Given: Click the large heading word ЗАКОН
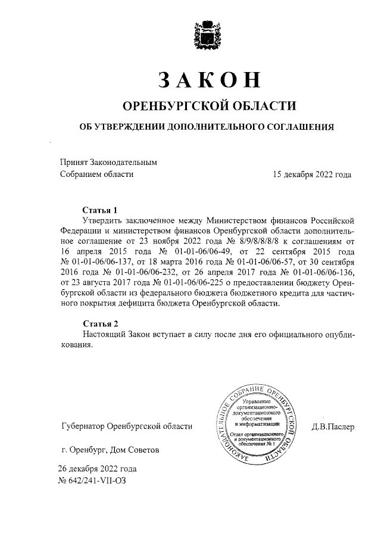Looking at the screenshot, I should point(210,79).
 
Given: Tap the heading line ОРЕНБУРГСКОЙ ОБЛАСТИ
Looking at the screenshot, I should point(209,106).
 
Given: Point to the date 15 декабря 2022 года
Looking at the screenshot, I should point(311,175).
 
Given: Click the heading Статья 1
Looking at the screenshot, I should point(100,210).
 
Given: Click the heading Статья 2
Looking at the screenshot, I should point(100,323).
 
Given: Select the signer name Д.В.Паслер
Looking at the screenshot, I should point(332,426).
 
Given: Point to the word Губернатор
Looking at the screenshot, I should point(83,426).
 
